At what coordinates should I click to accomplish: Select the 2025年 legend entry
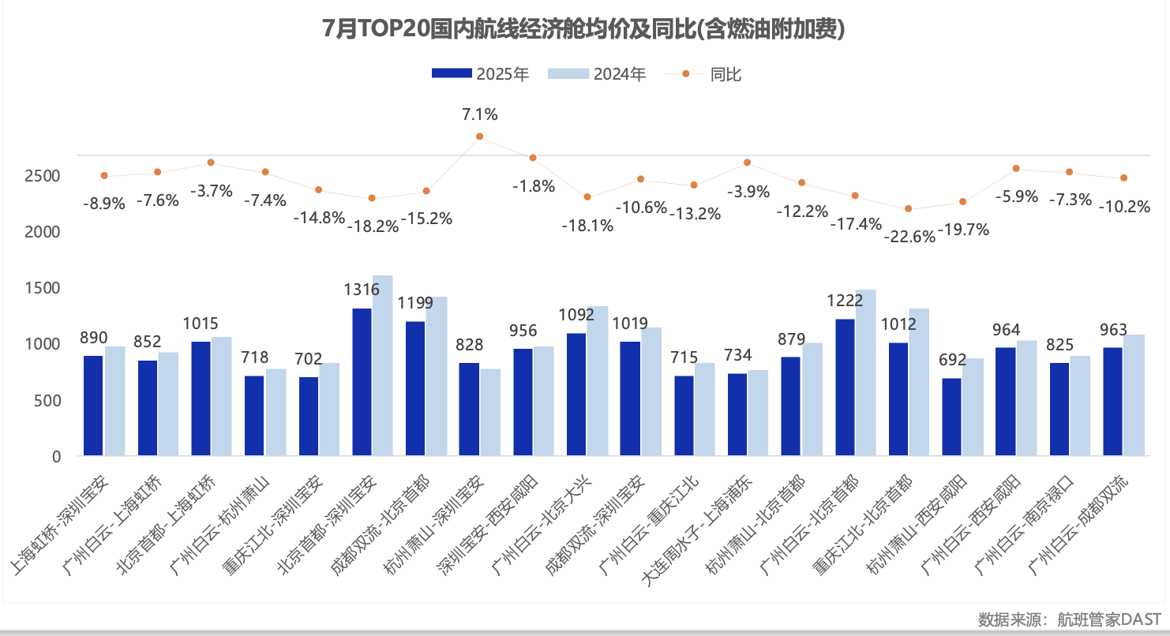pyautogui.click(x=480, y=74)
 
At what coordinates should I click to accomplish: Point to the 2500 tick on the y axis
pyautogui.click(x=45, y=175)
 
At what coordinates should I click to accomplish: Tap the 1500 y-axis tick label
pyautogui.click(x=45, y=288)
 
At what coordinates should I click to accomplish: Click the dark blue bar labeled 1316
pyautogui.click(x=362, y=382)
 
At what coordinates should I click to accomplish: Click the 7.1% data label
pyautogui.click(x=479, y=114)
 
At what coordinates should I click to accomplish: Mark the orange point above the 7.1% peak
pyautogui.click(x=479, y=137)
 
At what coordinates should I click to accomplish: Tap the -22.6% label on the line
pyautogui.click(x=909, y=235)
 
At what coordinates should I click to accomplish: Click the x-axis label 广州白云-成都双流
pyautogui.click(x=1082, y=525)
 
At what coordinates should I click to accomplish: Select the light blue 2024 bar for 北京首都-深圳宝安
pyautogui.click(x=383, y=365)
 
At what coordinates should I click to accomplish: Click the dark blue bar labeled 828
pyautogui.click(x=469, y=409)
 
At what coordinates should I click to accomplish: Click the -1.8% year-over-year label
pyautogui.click(x=534, y=187)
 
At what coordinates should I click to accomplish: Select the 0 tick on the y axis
pyautogui.click(x=56, y=456)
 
